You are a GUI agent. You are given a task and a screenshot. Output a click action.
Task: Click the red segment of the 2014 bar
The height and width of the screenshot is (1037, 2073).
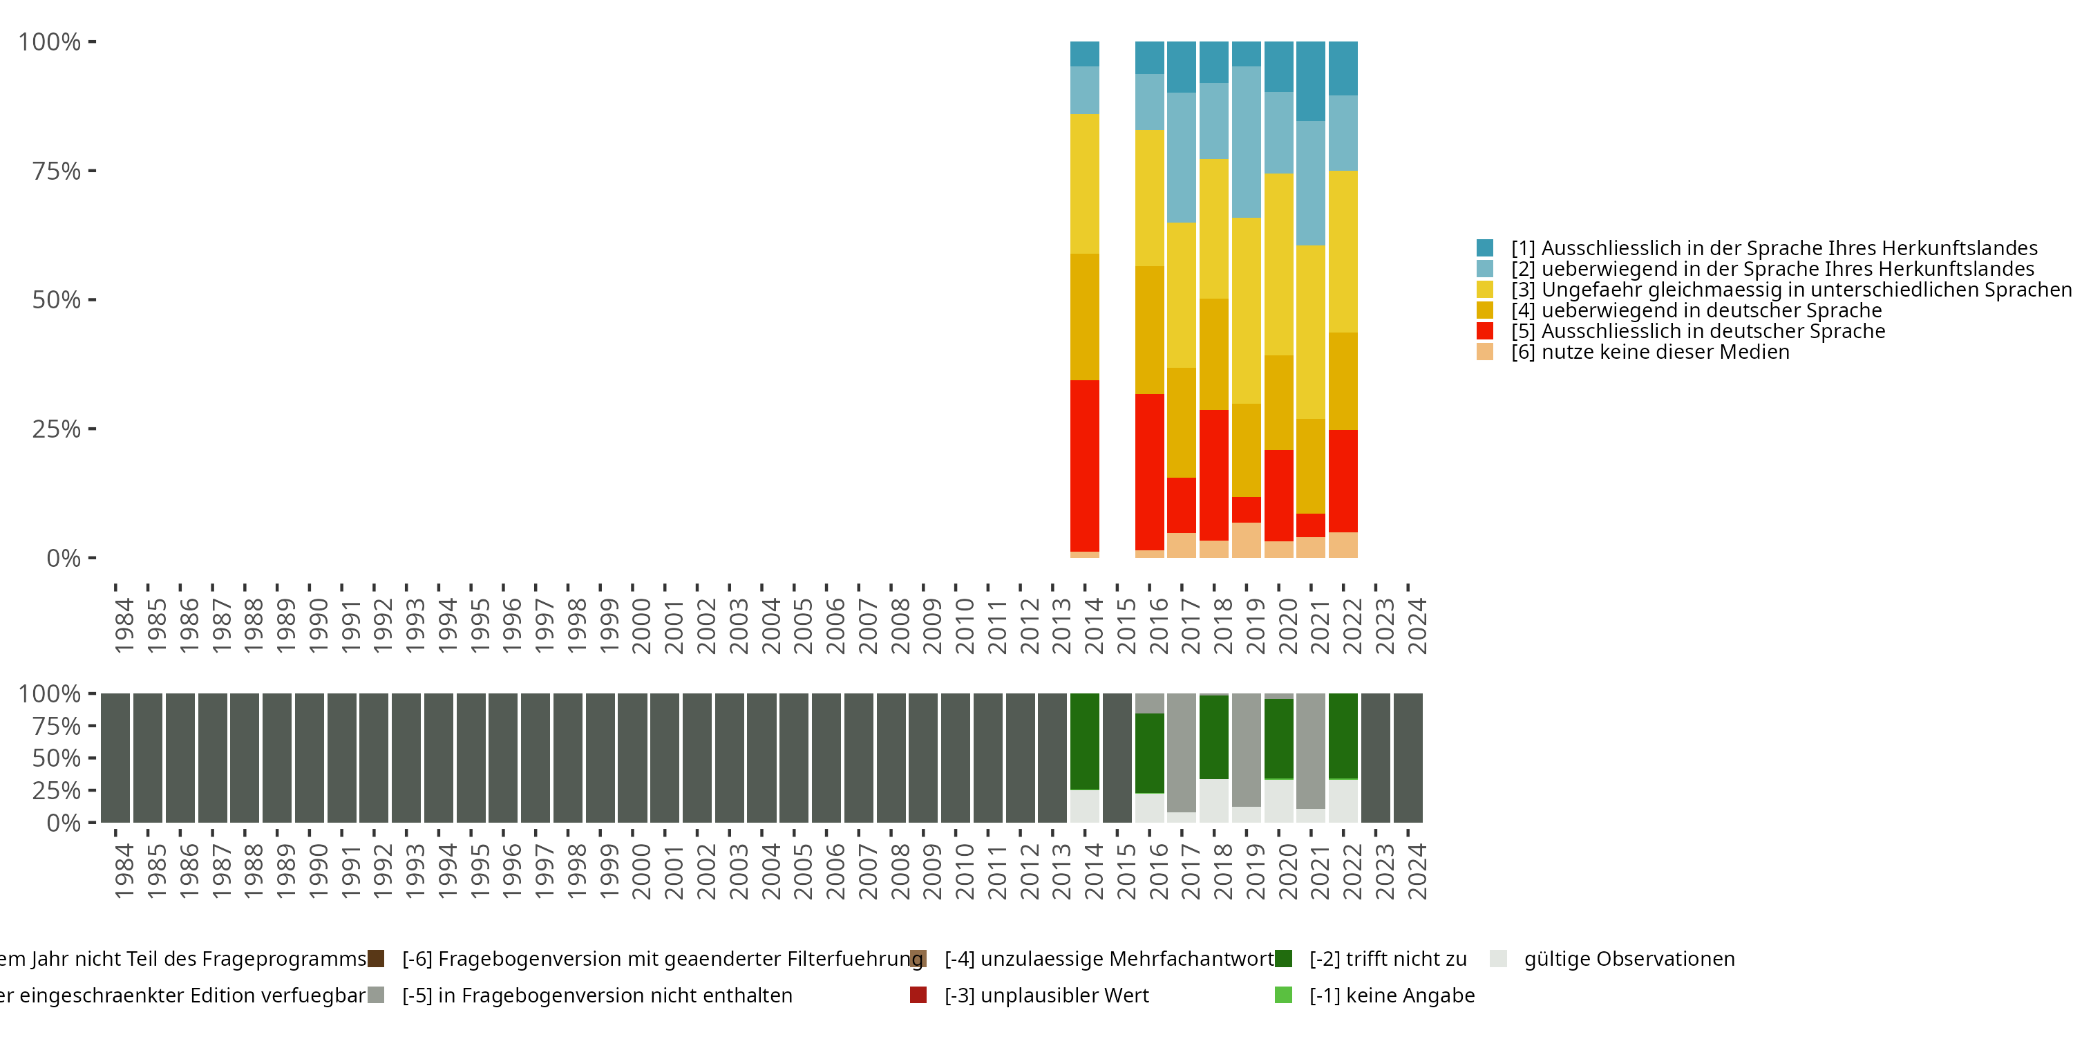pyautogui.click(x=1084, y=465)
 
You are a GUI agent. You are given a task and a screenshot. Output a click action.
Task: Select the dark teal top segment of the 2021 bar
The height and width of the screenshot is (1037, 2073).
pyautogui.click(x=1310, y=80)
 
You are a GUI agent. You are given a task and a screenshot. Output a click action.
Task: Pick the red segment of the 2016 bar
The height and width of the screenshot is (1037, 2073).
pyautogui.click(x=1149, y=471)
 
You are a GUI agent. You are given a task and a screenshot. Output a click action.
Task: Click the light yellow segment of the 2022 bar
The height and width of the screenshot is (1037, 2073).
pyautogui.click(x=1343, y=251)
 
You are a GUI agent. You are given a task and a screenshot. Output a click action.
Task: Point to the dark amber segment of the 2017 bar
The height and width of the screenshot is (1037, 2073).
pyautogui.click(x=1182, y=422)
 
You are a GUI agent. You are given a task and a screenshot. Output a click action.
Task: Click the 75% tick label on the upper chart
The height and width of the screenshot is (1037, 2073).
pyautogui.click(x=57, y=171)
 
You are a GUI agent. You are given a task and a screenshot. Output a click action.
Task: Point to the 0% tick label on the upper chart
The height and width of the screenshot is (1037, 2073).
pyautogui.click(x=64, y=558)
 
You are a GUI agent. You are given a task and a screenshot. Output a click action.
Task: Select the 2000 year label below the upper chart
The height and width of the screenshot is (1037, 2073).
pyautogui.click(x=641, y=626)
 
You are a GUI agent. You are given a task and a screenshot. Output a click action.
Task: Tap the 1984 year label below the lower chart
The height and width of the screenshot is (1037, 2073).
pyautogui.click(x=124, y=871)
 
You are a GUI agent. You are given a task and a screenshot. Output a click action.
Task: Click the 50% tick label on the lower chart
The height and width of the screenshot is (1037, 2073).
pyautogui.click(x=57, y=758)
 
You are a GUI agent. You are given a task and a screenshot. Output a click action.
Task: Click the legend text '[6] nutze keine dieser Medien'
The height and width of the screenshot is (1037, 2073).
pyautogui.click(x=1649, y=352)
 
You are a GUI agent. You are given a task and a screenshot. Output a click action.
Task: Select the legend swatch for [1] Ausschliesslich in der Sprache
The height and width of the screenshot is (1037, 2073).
pyautogui.click(x=1485, y=248)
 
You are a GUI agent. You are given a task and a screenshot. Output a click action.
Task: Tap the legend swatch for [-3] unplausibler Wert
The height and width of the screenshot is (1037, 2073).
pyautogui.click(x=918, y=995)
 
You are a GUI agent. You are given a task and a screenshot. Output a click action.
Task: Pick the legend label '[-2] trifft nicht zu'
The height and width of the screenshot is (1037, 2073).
pyautogui.click(x=1388, y=959)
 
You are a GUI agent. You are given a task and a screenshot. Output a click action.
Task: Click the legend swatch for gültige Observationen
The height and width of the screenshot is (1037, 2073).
pyautogui.click(x=1497, y=959)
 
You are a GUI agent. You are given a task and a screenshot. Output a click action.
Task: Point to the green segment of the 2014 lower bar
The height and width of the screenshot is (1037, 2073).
pyautogui.click(x=1084, y=740)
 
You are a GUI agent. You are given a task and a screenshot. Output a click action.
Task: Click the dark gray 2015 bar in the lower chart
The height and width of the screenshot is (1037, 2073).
pyautogui.click(x=1117, y=758)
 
